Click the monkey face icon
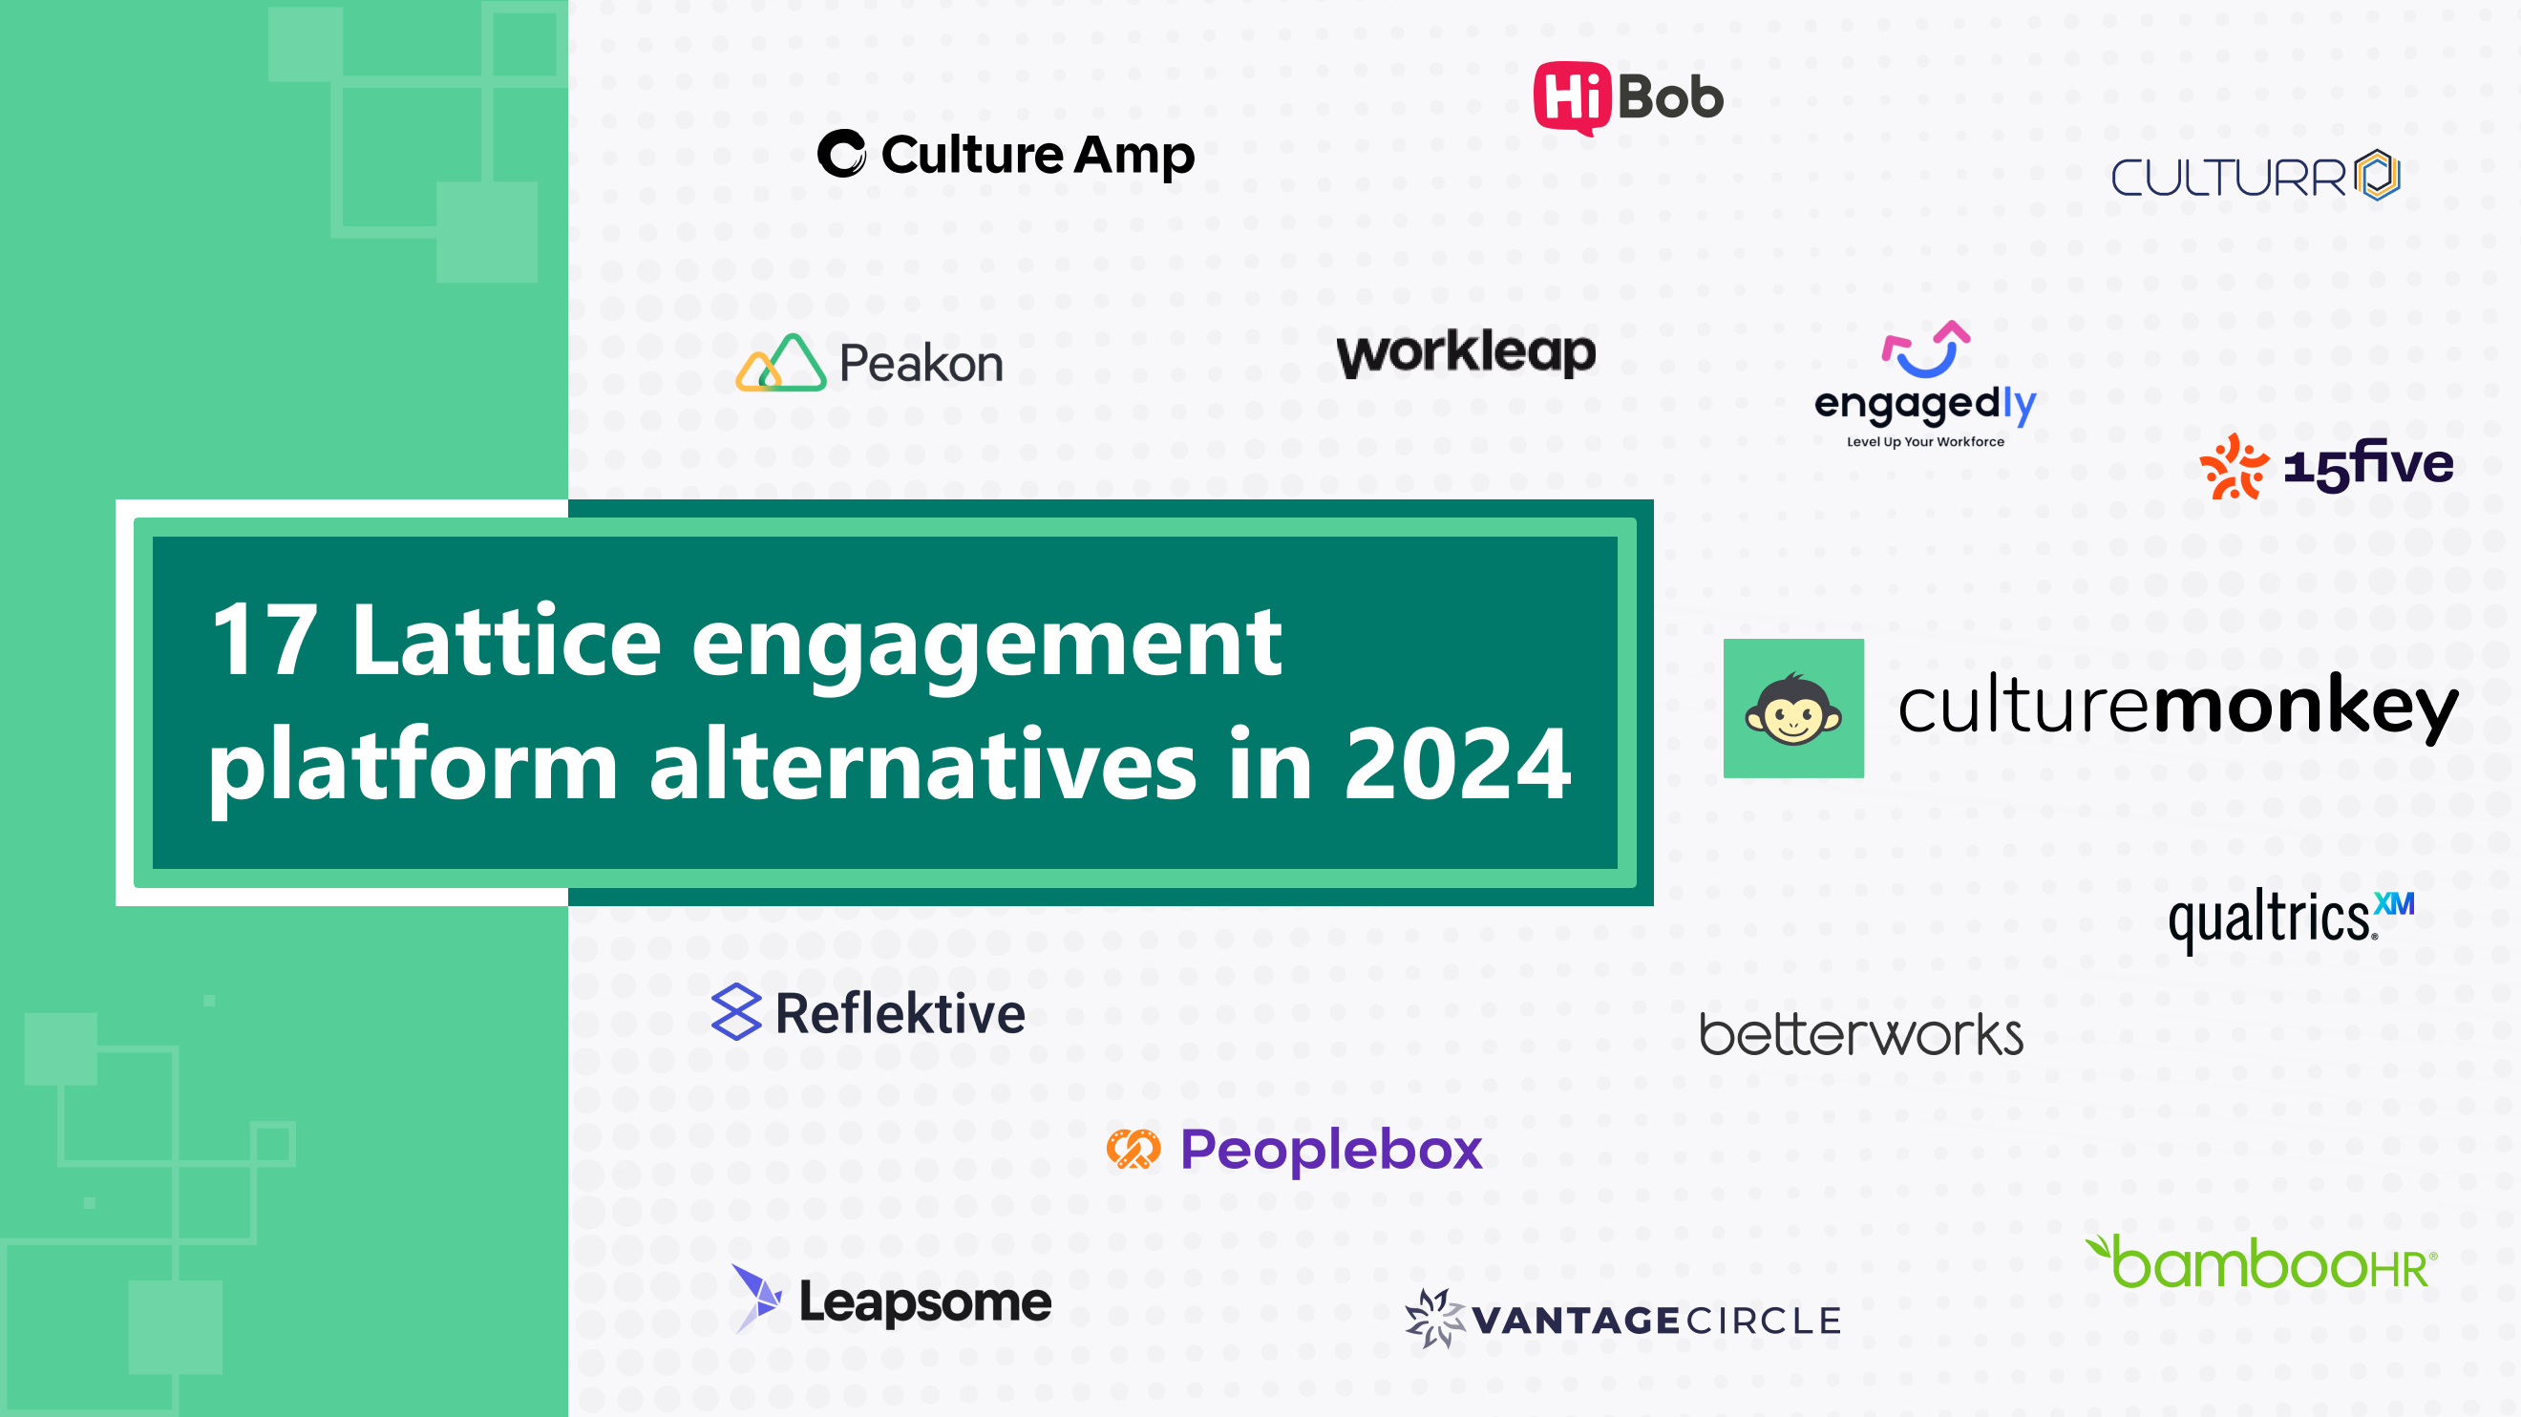click(1793, 709)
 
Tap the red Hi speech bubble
click(1572, 95)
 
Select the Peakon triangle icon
click(782, 363)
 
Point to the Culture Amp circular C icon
click(841, 154)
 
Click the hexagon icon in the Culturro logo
click(2379, 175)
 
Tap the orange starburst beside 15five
click(2233, 467)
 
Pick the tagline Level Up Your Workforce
click(1925, 442)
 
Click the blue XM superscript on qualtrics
click(2394, 903)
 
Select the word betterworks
click(1860, 1034)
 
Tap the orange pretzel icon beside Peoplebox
click(1133, 1148)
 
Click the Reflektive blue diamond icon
click(736, 1012)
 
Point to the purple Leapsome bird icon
click(756, 1298)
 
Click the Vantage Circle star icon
click(1433, 1318)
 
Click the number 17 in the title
click(265, 641)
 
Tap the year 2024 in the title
click(1457, 765)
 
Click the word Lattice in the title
click(506, 641)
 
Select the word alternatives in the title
click(922, 765)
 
